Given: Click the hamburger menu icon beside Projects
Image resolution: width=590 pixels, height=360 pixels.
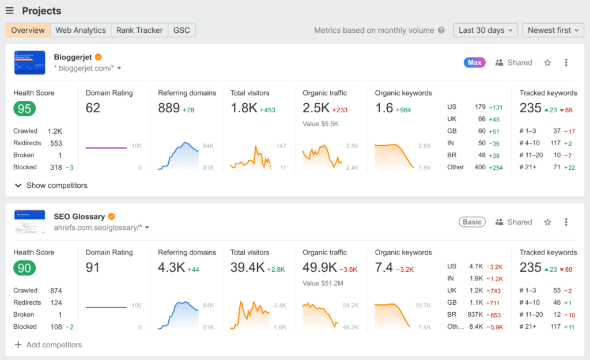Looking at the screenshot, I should tap(9, 11).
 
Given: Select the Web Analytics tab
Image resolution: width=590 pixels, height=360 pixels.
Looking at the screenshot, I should tap(81, 31).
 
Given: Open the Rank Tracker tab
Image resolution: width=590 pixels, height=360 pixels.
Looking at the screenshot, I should tap(139, 31).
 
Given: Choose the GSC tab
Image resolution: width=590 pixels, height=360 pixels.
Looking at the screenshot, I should tap(182, 31).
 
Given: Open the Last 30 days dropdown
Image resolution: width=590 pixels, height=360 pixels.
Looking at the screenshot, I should tap(485, 31).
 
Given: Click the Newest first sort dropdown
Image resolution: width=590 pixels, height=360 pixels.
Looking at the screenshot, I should tap(553, 31).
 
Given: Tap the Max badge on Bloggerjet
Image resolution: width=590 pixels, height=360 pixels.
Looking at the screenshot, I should tap(474, 63).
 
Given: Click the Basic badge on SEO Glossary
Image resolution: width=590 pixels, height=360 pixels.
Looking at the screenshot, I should tap(472, 222).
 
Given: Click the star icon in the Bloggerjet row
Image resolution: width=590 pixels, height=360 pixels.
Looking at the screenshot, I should tap(547, 63).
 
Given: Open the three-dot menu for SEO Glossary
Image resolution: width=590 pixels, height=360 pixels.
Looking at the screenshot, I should tap(566, 222).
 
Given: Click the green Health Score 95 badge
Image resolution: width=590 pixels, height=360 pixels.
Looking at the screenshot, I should tap(25, 108).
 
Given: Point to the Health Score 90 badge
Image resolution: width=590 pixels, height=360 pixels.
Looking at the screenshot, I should tap(25, 268).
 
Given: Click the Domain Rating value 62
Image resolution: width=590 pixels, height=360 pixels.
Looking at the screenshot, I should tap(93, 108).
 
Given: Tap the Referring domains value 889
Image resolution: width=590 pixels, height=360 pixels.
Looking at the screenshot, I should tap(169, 108).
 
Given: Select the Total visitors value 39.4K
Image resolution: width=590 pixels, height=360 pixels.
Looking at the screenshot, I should tap(247, 267).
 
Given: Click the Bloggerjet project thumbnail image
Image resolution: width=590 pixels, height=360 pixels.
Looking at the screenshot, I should tap(29, 62).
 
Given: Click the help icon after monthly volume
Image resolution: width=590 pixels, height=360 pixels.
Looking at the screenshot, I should tap(441, 31).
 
